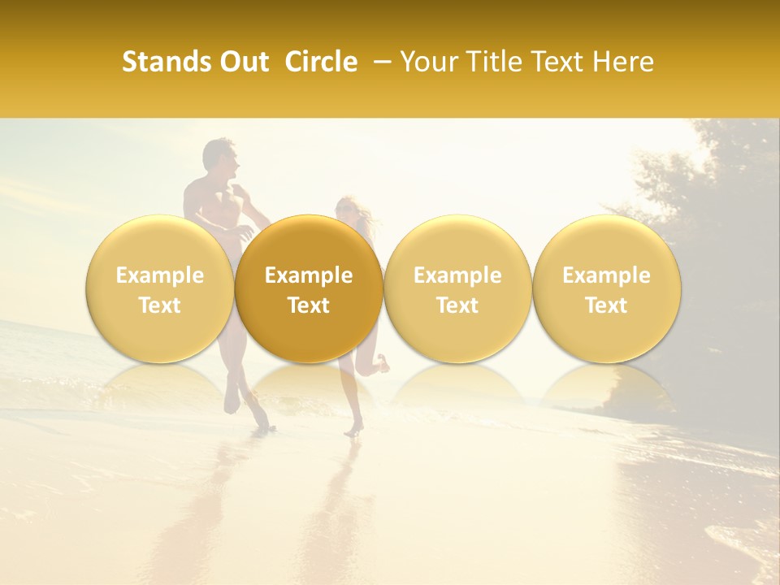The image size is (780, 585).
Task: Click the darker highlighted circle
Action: [309, 288]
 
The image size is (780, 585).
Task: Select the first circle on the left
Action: [159, 288]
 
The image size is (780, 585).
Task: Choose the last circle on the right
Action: [607, 288]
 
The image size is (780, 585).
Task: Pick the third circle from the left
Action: [457, 288]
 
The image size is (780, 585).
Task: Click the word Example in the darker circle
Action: [309, 275]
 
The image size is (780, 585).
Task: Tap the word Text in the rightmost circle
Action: [607, 305]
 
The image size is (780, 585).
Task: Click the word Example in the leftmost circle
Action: [159, 275]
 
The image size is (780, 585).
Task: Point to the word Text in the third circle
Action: [457, 305]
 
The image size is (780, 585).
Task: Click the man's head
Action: [219, 158]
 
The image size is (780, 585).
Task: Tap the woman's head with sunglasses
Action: [347, 210]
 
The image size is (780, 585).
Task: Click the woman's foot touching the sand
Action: [353, 431]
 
